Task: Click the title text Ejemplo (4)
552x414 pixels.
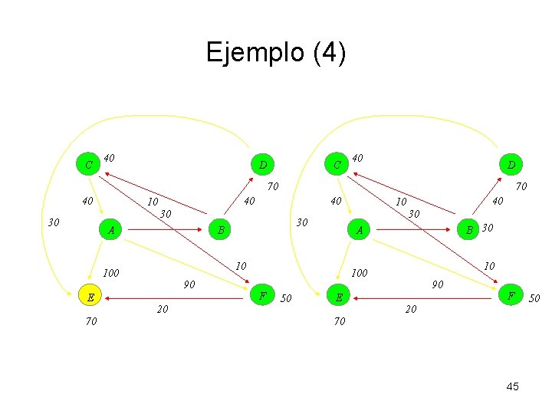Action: (276, 53)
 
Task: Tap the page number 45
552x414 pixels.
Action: (512, 386)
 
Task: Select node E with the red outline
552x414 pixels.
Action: (90, 297)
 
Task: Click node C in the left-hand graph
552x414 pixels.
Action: (90, 164)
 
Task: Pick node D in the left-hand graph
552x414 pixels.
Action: (262, 164)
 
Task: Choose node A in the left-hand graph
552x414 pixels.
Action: (112, 229)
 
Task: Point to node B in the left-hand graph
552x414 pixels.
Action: (220, 229)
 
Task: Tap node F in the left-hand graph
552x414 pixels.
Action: (263, 296)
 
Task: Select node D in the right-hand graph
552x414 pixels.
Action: (510, 164)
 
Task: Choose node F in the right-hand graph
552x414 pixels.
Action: (510, 296)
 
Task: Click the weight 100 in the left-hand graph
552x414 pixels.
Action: (112, 273)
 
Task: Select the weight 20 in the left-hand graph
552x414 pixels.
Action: (163, 309)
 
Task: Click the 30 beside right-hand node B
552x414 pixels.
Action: (488, 228)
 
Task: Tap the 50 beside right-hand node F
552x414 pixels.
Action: (535, 297)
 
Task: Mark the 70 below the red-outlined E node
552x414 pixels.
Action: (91, 322)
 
